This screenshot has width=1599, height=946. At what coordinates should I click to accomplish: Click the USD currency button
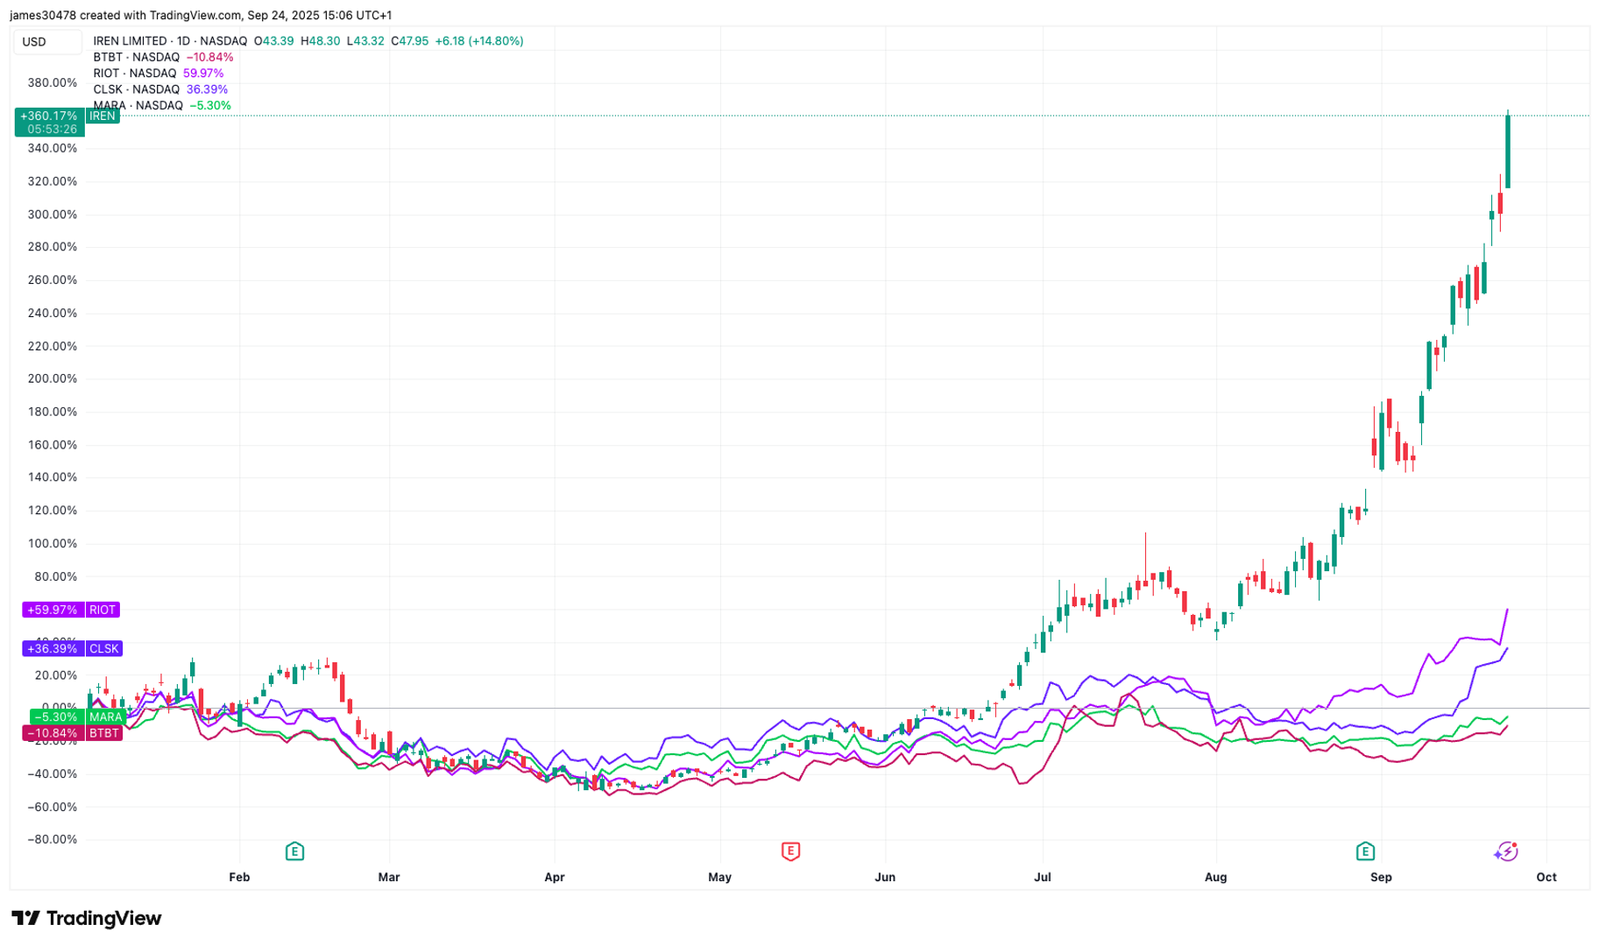[35, 42]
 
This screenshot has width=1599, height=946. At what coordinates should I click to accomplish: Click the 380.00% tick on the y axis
[53, 83]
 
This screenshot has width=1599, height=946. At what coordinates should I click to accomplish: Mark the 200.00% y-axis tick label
[53, 379]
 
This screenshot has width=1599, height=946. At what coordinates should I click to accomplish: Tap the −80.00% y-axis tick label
[53, 839]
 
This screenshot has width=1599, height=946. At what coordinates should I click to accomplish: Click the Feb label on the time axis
[239, 877]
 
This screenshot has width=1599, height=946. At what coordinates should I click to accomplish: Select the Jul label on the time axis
[1043, 877]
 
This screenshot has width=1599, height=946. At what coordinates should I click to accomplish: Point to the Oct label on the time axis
[1546, 877]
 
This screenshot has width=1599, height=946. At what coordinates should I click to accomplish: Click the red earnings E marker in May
[790, 851]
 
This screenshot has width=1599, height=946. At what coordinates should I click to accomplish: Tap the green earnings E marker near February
[294, 851]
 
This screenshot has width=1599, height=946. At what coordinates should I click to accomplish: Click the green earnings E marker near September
[1365, 851]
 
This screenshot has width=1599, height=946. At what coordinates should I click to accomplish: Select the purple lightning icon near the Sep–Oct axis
[1506, 851]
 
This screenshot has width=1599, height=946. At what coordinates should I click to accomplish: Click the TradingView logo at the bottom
[86, 918]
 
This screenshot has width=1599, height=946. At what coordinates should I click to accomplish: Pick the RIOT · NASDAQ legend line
[135, 74]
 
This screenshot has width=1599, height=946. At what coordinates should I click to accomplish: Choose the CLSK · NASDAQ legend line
[137, 89]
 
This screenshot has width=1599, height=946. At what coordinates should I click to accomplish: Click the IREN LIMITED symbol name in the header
[130, 41]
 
